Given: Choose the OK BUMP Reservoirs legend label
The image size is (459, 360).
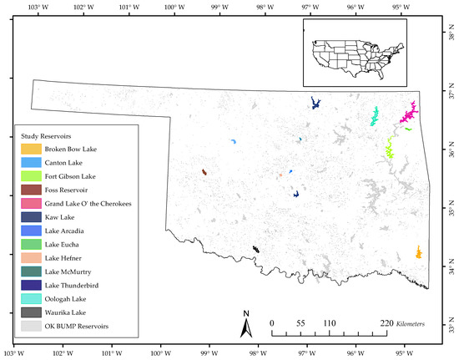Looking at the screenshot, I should pyautogui.click(x=77, y=325).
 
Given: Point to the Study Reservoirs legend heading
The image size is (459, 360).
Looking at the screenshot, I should pyautogui.click(x=52, y=134).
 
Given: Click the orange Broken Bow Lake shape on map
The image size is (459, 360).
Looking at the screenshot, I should pyautogui.click(x=418, y=252).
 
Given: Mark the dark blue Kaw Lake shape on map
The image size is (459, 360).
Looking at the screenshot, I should pyautogui.click(x=316, y=103).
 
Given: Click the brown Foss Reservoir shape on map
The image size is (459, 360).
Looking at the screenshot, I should pyautogui.click(x=204, y=172).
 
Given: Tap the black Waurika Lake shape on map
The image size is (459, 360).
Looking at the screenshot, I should pyautogui.click(x=256, y=249).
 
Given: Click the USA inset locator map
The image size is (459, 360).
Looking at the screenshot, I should pyautogui.click(x=354, y=52).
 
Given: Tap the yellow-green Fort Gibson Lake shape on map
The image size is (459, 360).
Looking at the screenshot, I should pyautogui.click(x=389, y=149).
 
